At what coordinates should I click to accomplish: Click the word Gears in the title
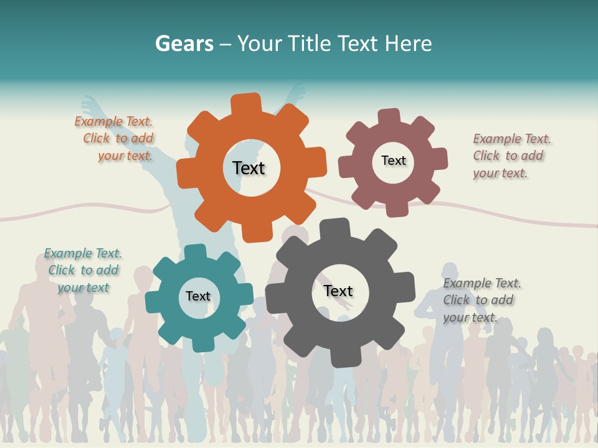[184, 44]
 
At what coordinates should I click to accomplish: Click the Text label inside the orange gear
[249, 168]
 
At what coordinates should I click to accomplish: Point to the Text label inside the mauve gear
[393, 161]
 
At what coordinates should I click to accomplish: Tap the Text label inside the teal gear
[198, 296]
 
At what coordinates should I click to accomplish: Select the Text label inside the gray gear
[338, 291]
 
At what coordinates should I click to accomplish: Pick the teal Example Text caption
[83, 270]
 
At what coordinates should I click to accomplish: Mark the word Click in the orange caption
[97, 138]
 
